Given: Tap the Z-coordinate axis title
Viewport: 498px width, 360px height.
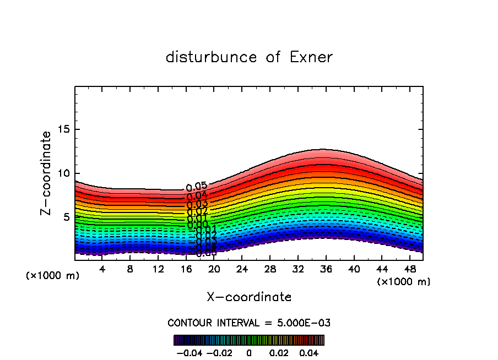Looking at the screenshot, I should tap(47, 173).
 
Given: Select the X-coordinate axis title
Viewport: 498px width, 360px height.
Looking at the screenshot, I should tap(249, 297).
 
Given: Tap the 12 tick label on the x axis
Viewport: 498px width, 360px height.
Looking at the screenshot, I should tap(158, 269).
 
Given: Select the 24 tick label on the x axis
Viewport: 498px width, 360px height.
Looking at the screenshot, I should tap(242, 269).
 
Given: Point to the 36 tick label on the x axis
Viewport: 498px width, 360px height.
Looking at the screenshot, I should tap(326, 269).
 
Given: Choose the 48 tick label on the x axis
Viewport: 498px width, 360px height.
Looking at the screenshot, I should tap(409, 269).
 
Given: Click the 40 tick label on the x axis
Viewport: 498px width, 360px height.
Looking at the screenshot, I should tap(354, 269).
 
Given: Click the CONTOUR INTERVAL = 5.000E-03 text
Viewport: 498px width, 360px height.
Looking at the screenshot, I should tap(249, 323).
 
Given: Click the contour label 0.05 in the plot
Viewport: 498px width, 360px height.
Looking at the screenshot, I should tap(196, 187).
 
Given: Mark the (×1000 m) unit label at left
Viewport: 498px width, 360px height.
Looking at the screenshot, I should tap(53, 276).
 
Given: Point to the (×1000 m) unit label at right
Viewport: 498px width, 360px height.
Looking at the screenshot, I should tap(404, 282).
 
